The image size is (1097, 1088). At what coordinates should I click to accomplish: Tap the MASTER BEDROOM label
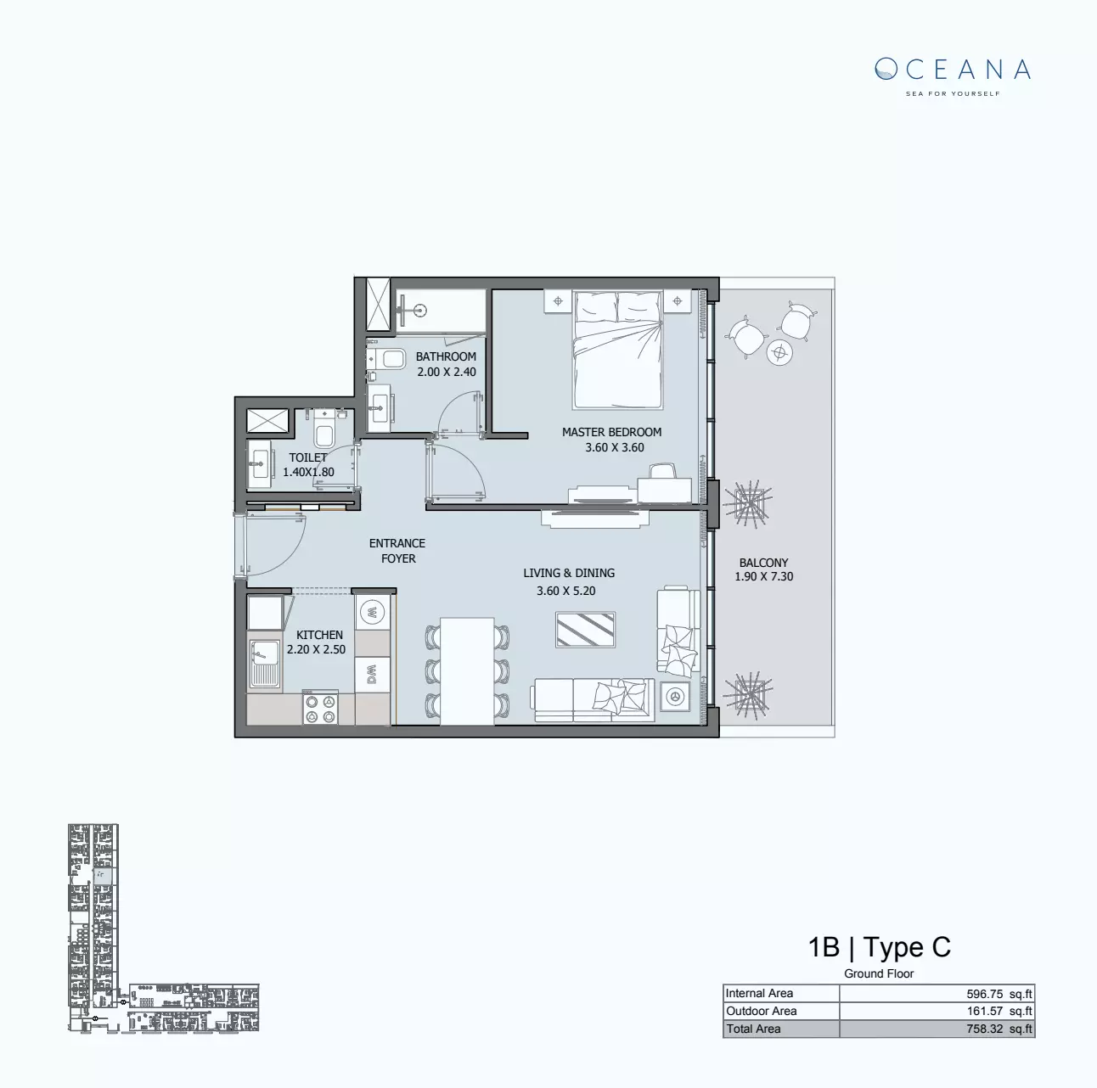[x=611, y=432]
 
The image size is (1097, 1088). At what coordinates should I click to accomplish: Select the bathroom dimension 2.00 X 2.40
[x=446, y=372]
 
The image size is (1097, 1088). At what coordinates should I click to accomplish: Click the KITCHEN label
[x=319, y=635]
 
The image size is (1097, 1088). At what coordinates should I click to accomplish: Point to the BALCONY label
[x=763, y=563]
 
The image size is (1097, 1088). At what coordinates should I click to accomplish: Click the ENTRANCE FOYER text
[x=397, y=551]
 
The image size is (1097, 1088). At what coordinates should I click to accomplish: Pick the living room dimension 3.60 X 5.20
[x=565, y=591]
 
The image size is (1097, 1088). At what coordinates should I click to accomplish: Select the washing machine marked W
[x=372, y=611]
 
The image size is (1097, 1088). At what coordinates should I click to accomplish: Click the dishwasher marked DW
[x=372, y=675]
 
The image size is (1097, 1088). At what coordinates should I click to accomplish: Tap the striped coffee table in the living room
[x=585, y=631]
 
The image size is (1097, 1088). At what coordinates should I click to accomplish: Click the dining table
[x=468, y=670]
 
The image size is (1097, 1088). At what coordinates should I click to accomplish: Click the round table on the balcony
[x=779, y=351]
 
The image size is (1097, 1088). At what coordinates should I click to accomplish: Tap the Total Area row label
[x=753, y=1029]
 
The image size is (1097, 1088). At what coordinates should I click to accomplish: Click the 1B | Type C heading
[x=879, y=947]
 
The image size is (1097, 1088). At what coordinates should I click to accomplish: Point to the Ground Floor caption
[x=879, y=973]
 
